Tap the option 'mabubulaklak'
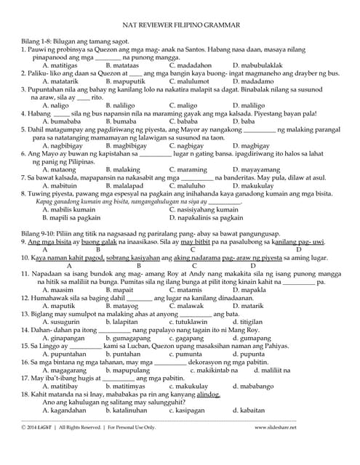(260, 85)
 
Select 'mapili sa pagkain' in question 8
(71, 217)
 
